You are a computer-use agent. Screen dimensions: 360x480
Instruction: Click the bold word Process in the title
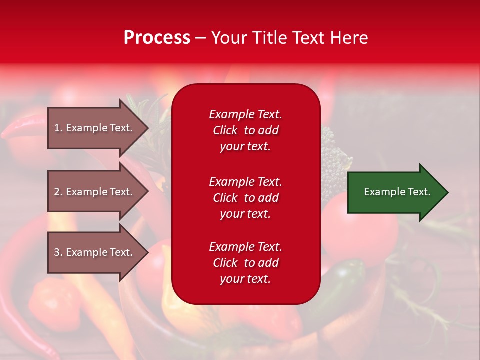pos(157,38)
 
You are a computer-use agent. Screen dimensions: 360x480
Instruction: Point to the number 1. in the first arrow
pos(58,128)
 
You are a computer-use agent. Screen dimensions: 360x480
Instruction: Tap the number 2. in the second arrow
pos(58,192)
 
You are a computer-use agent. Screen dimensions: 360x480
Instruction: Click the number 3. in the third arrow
pos(58,252)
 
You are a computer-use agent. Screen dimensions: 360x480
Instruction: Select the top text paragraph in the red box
pos(245,130)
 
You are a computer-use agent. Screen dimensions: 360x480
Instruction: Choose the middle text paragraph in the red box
pos(245,198)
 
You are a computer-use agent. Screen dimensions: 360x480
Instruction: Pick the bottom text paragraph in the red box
pos(245,263)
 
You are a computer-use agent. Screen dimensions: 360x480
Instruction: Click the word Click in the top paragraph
pos(225,130)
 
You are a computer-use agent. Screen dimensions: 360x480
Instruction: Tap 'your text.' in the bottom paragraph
pos(245,279)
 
